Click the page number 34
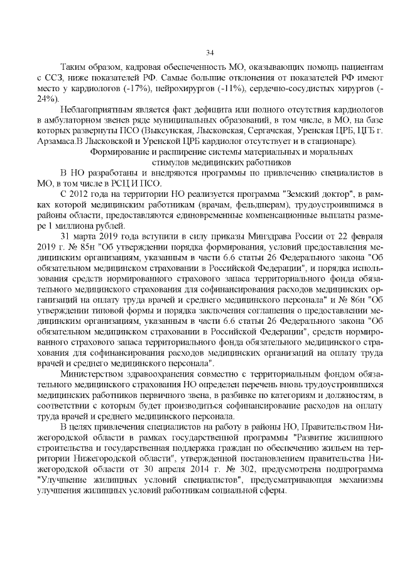tap(210, 52)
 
